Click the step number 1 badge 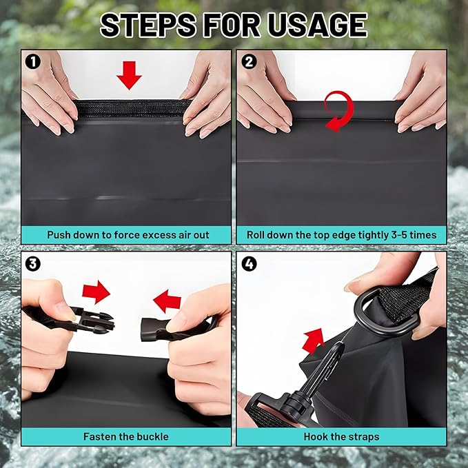(x=32, y=61)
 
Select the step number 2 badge (x=248, y=61)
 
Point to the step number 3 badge (x=32, y=263)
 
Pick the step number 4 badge (x=248, y=263)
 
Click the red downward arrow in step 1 (x=128, y=74)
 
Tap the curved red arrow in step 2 (x=338, y=111)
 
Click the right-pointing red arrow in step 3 (x=96, y=292)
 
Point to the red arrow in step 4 (x=314, y=340)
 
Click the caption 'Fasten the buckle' (x=126, y=436)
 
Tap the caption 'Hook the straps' (x=341, y=436)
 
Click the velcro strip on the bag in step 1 (x=131, y=108)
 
